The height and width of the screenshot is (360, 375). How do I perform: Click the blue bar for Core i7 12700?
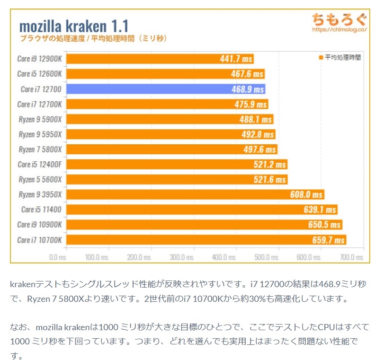point(166,89)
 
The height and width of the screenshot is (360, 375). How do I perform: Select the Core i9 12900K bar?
point(160,59)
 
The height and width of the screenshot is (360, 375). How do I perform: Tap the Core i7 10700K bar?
point(206,240)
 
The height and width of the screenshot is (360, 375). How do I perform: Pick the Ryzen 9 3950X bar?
point(195,194)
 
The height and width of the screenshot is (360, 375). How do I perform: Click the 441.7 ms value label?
point(236,59)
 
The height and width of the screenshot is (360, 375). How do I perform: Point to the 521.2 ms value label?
point(269,165)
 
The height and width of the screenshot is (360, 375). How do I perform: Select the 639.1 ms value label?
point(320,210)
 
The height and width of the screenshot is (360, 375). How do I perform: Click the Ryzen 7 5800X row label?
point(40,149)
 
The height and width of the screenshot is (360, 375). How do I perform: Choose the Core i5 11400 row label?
point(41,210)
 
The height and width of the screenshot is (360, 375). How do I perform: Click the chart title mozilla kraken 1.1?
point(74,26)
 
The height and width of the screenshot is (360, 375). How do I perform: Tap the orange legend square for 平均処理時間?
point(321,57)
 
